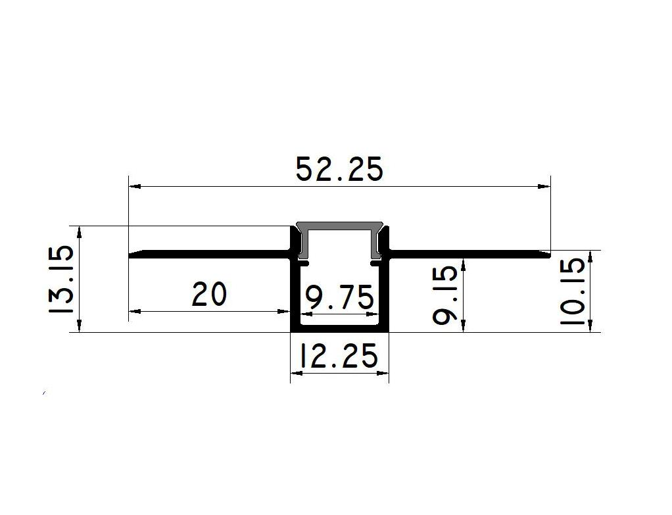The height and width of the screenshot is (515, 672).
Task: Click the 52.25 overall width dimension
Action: (x=339, y=170)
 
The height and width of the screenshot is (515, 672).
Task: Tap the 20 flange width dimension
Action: (x=209, y=295)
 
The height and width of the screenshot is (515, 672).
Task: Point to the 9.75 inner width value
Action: (x=339, y=299)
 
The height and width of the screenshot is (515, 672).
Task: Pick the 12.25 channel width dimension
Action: (x=339, y=355)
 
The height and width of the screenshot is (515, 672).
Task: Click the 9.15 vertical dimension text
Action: (x=445, y=295)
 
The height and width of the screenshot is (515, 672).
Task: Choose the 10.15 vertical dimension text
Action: (x=573, y=291)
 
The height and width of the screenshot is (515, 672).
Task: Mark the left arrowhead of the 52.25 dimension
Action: (x=135, y=187)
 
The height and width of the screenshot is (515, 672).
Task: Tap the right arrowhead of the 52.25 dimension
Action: (x=544, y=187)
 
